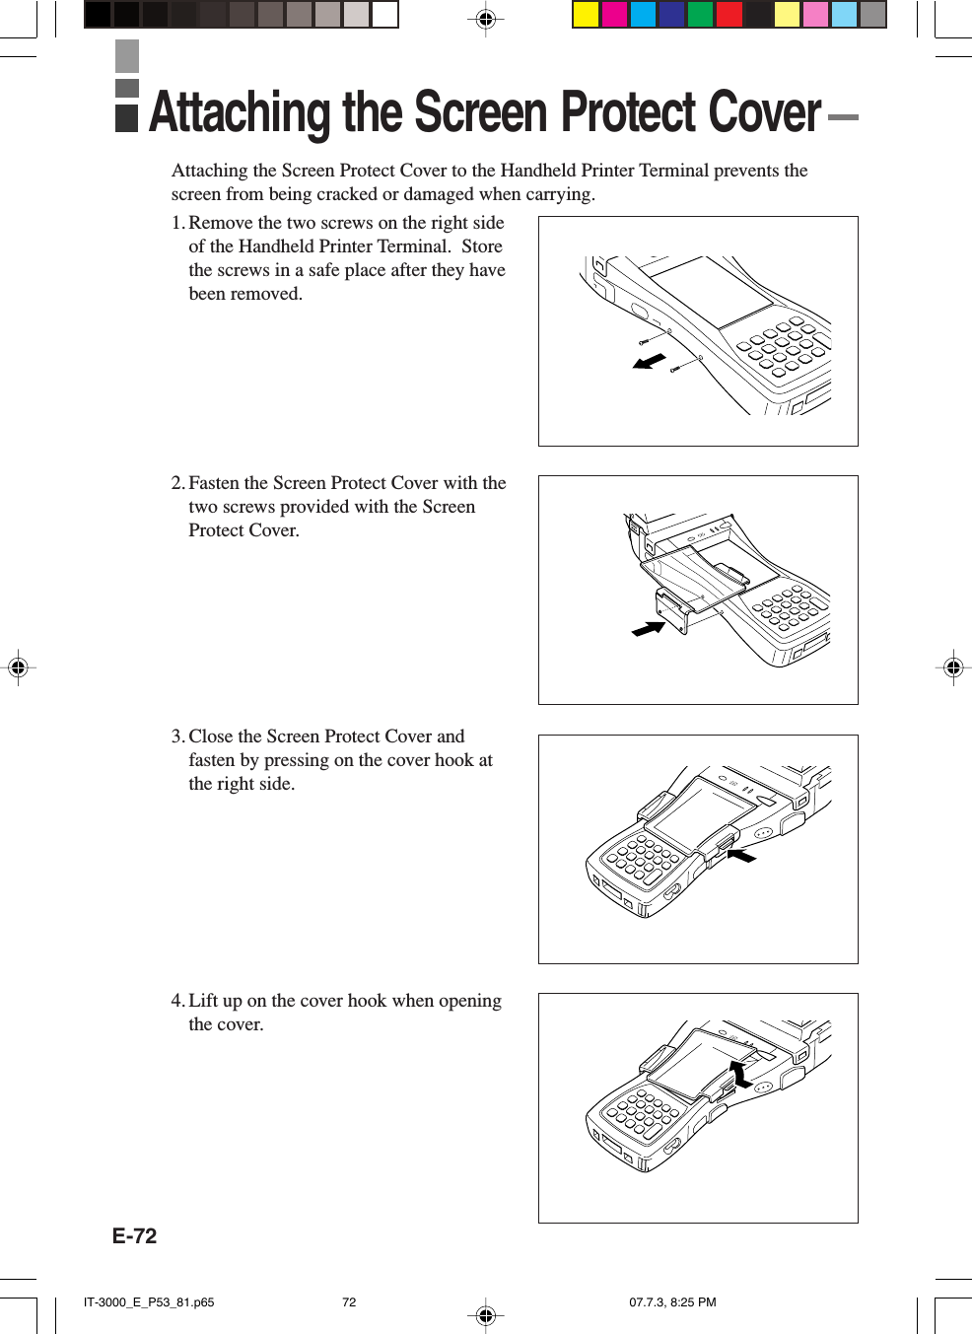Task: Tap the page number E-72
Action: [x=134, y=1235]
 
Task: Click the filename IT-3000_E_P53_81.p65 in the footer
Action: [x=149, y=1301]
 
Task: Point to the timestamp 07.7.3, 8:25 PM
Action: [x=672, y=1301]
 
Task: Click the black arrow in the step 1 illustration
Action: [x=650, y=362]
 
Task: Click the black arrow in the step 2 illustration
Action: [x=649, y=628]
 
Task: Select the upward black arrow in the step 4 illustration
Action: [x=740, y=1074]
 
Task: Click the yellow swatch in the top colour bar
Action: [x=587, y=14]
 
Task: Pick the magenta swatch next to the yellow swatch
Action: [x=615, y=14]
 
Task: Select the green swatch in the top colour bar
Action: [x=701, y=14]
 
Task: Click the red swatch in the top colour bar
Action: [x=729, y=14]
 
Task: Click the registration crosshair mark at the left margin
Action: [x=18, y=667]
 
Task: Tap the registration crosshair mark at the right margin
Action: [x=953, y=667]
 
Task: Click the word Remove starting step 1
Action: [x=221, y=223]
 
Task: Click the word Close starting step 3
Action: [x=211, y=737]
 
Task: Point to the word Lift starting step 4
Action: [x=203, y=1001]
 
